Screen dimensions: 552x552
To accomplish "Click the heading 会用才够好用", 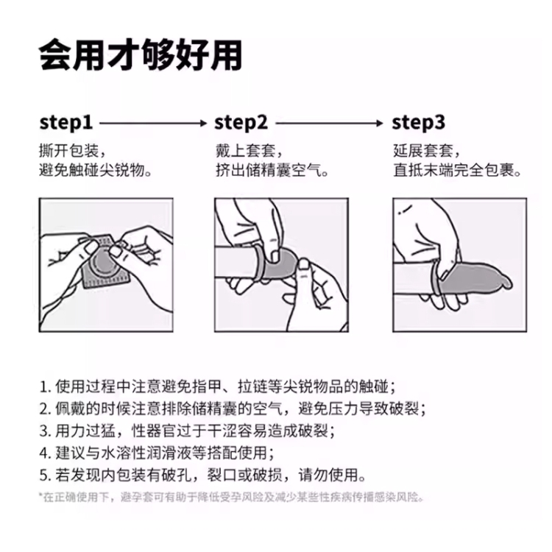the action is [140, 55].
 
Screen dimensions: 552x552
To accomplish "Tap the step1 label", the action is [66, 123].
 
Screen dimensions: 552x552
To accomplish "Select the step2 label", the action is [241, 123].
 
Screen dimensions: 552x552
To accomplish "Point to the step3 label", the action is [419, 123].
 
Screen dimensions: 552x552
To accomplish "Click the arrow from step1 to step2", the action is [153, 123].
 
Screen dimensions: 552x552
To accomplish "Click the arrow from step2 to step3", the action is [330, 123].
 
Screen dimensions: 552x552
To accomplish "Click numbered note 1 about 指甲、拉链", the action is [218, 386].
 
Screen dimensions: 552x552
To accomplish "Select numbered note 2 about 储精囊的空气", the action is [233, 408].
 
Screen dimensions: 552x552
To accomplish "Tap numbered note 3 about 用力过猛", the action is [187, 431].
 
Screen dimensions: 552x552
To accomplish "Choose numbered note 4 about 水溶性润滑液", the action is [157, 453].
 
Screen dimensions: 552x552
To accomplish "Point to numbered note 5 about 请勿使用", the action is [203, 475].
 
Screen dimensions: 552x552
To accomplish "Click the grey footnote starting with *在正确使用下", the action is [231, 498].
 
